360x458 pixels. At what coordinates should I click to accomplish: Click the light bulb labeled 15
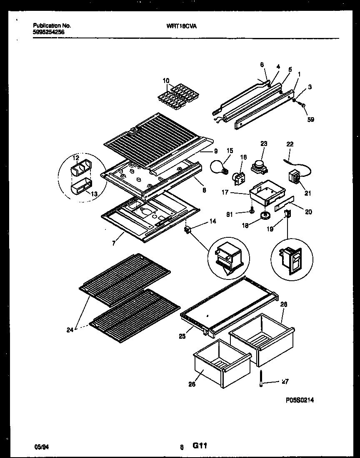pyautogui.click(x=220, y=167)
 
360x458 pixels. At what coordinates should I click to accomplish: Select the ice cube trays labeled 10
pyautogui.click(x=177, y=96)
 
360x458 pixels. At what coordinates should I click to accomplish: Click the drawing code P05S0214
pyautogui.click(x=299, y=400)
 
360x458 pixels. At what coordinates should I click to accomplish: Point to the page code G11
pyautogui.click(x=200, y=446)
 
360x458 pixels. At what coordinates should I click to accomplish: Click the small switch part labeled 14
pyautogui.click(x=187, y=230)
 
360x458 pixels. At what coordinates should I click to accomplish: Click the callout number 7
pyautogui.click(x=114, y=243)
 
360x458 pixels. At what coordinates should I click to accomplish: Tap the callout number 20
pyautogui.click(x=308, y=211)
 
